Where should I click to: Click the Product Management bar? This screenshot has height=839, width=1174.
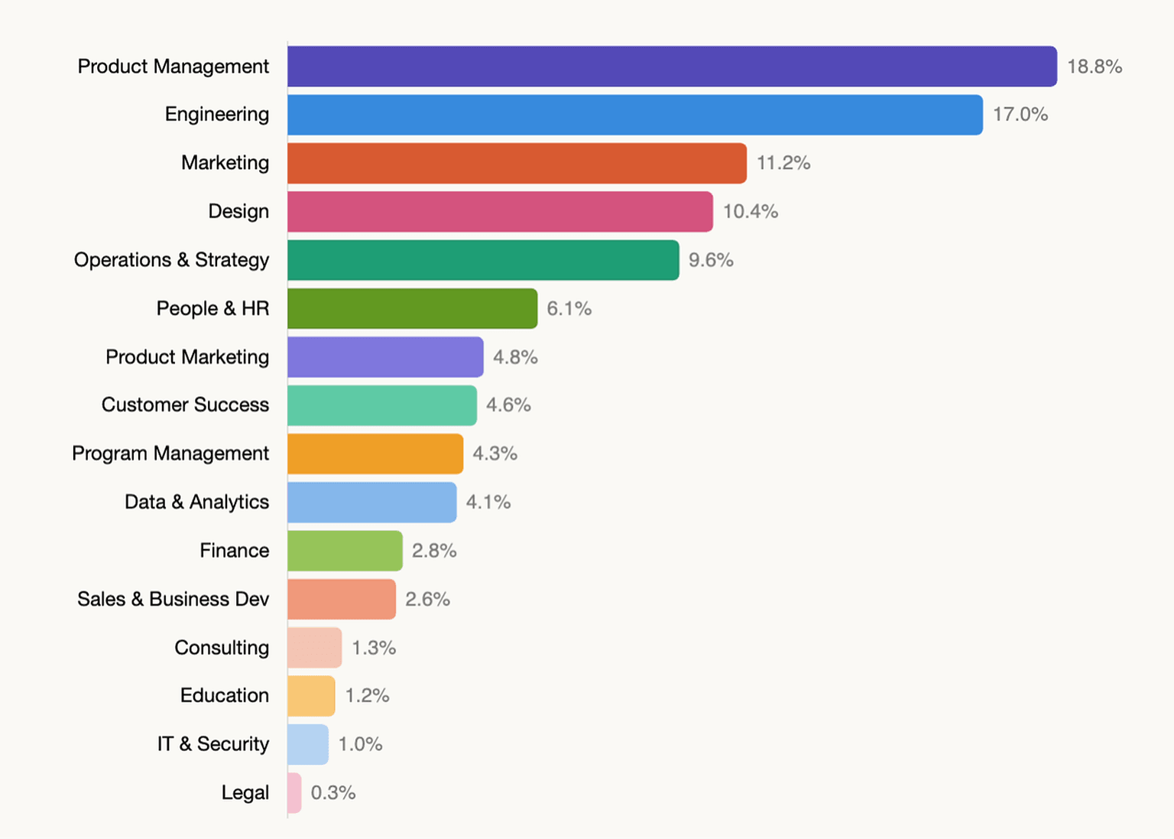tap(672, 67)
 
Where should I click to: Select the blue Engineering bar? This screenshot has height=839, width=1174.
tap(634, 115)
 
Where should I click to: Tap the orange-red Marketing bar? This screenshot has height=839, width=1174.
tap(517, 163)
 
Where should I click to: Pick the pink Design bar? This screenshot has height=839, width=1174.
tap(500, 212)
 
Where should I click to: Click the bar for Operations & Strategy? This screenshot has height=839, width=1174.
tap(483, 260)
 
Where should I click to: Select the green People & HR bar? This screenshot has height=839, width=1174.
tap(412, 308)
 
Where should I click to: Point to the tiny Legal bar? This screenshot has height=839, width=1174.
tap(294, 793)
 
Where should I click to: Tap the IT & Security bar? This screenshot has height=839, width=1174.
tap(308, 744)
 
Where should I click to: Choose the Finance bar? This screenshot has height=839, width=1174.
tap(345, 551)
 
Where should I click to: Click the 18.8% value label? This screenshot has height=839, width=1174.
tap(1095, 67)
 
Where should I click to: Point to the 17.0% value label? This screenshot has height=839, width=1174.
tap(1020, 115)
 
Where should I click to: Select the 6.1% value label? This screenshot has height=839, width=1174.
tap(569, 309)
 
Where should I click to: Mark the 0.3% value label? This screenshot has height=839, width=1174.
tap(333, 793)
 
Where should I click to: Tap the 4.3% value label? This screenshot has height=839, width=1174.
tap(495, 454)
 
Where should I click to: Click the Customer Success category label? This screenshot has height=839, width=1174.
tap(185, 405)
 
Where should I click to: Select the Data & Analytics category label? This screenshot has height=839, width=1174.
tap(196, 502)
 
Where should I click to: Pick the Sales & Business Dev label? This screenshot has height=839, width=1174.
tap(173, 599)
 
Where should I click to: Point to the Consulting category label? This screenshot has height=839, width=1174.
tap(222, 648)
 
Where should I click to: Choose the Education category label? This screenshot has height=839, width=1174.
tap(225, 695)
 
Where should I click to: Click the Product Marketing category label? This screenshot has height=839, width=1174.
tap(187, 357)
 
